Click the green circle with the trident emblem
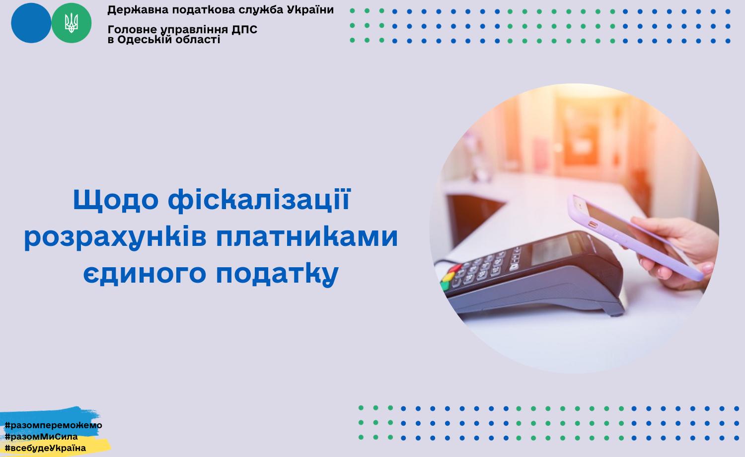[71, 23]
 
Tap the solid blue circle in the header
[31, 23]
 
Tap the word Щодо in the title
[115, 200]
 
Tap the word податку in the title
[277, 274]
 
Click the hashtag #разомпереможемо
[53, 425]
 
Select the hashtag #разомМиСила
[41, 436]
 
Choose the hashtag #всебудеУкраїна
[45, 448]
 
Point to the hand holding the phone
[678, 253]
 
